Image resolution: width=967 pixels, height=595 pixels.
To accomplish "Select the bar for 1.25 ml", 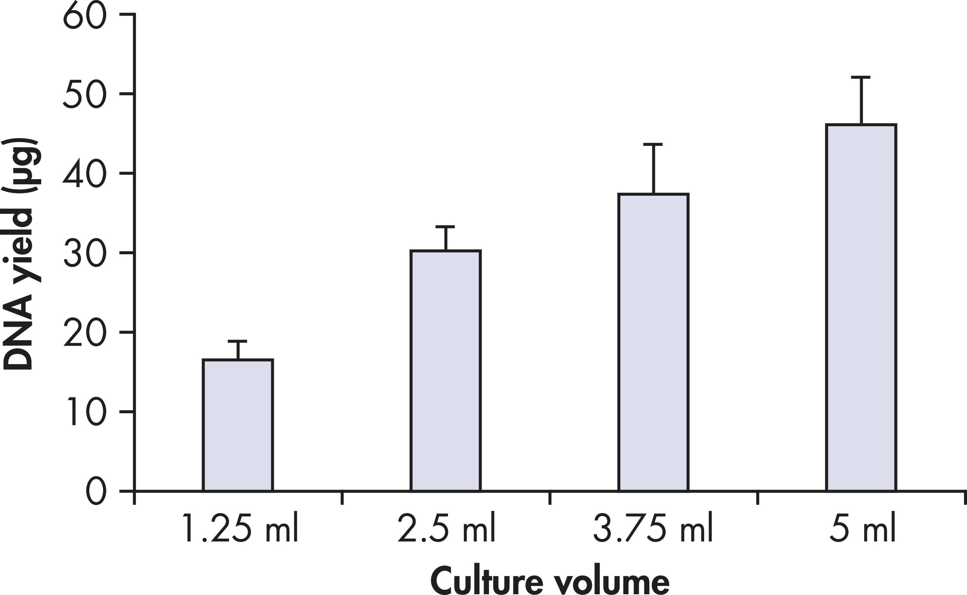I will click(238, 425).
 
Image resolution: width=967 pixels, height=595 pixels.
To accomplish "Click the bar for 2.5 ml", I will click(445, 370).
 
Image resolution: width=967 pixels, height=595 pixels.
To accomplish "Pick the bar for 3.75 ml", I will click(653, 342).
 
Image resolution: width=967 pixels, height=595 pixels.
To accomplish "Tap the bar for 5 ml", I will click(861, 308).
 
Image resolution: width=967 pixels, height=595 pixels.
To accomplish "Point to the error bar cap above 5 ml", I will click(861, 77).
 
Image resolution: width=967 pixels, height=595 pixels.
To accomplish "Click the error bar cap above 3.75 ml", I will click(653, 144).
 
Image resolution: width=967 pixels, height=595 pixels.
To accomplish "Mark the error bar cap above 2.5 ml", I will click(445, 227).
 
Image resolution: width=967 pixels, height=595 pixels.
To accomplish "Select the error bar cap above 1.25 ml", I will click(238, 341).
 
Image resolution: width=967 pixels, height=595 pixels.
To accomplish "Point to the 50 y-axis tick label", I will click(85, 94).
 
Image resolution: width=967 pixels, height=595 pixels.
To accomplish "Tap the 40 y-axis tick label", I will click(85, 173).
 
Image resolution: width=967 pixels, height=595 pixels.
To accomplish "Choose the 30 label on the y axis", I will click(85, 253).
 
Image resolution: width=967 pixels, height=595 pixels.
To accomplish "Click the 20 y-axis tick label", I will click(85, 332).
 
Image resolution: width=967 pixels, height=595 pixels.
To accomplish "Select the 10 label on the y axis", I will click(87, 412).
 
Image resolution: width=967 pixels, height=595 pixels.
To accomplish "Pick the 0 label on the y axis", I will click(96, 491).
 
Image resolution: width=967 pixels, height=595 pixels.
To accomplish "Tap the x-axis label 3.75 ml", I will click(653, 528).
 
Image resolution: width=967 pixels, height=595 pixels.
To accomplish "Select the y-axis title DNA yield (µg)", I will click(22, 254).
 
